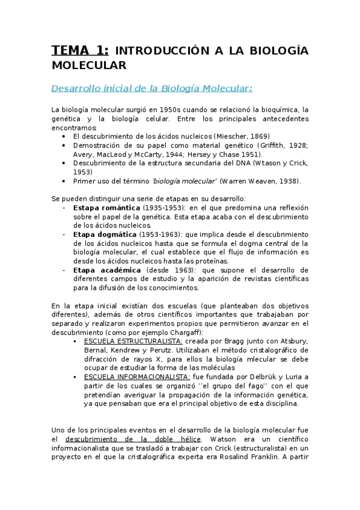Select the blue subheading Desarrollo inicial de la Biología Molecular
pos(151,88)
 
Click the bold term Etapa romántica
pos(106,207)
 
